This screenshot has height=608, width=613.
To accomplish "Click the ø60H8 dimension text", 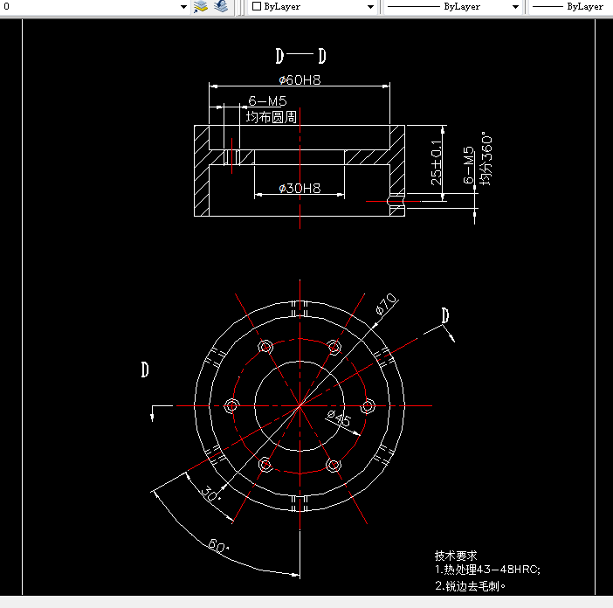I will (300, 80).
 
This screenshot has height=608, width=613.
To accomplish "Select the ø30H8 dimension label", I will (300, 188).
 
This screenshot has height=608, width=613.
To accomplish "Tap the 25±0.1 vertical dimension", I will (437, 164).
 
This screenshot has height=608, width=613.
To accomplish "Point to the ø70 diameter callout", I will (385, 304).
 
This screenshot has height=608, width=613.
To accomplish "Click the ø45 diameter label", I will (339, 419).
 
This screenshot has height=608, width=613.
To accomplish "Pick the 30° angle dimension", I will (209, 493).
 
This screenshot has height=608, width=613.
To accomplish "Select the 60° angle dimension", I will (217, 548).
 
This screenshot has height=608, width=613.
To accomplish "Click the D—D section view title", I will (300, 57).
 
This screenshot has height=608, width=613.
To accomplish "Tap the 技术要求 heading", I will (456, 556).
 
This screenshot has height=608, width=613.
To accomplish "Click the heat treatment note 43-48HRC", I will (487, 570).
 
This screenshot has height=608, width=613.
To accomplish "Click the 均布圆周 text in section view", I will (271, 116).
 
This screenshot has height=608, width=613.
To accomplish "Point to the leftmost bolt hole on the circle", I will (231, 405).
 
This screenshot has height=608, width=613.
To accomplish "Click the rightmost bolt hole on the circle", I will (368, 405).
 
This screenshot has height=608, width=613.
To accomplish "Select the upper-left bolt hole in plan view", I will (265, 348).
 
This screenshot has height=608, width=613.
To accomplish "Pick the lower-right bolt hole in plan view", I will (334, 465).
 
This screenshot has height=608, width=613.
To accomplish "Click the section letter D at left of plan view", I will (145, 370).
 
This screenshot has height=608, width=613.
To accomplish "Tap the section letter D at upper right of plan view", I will (445, 315).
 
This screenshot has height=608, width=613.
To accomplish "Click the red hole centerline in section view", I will (393, 201).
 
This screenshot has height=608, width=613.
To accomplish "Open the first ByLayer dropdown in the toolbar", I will (313, 7).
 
